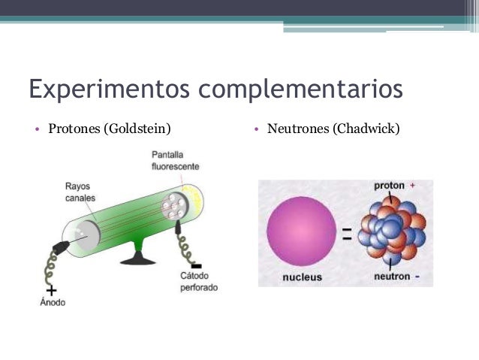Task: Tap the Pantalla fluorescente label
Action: (174, 160)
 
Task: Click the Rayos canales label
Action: (80, 192)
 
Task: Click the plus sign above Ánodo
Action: (51, 289)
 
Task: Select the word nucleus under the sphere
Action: (302, 277)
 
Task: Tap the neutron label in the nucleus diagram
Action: (392, 276)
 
